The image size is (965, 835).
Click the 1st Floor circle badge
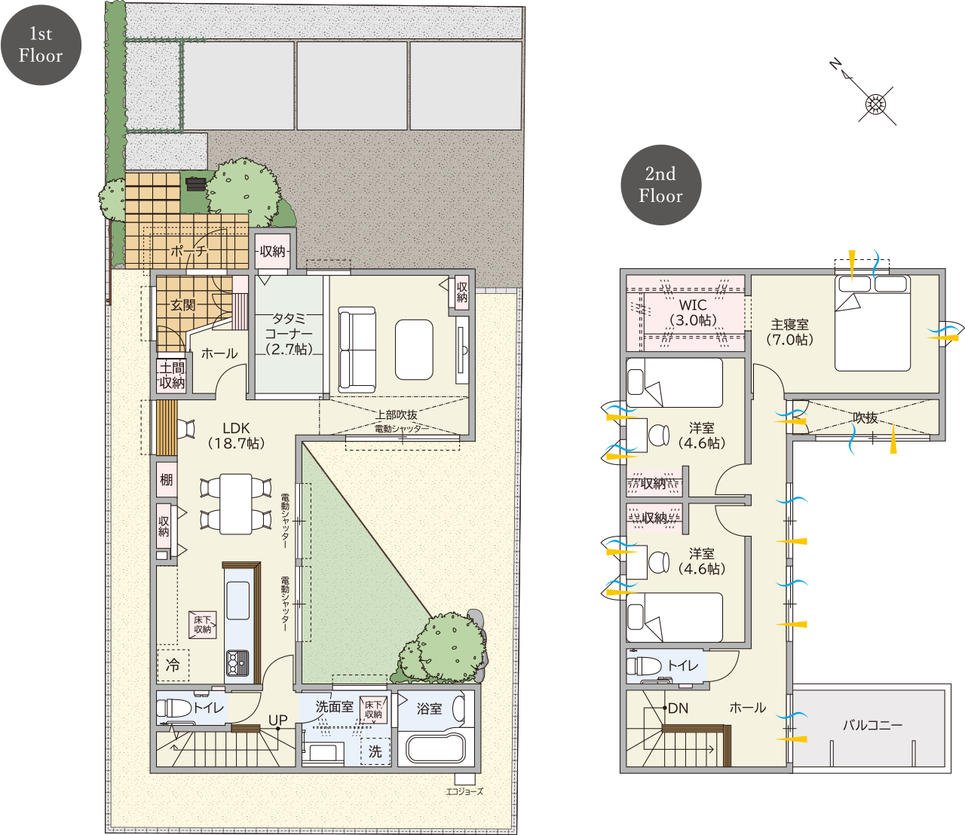41,44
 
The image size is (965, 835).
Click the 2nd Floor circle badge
660,185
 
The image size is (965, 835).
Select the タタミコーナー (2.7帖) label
289,334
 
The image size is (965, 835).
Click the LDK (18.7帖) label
236,436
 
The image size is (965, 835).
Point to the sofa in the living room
357,350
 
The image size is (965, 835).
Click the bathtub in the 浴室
436,748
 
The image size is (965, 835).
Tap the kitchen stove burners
238,662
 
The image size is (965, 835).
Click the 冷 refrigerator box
173,665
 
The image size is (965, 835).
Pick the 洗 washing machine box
375,751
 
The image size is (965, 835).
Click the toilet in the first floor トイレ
173,708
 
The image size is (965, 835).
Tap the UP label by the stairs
277,720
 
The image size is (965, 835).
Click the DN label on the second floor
678,708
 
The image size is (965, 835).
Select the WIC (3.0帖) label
693,312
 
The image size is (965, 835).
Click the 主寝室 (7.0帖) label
789,332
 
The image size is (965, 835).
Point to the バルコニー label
872,725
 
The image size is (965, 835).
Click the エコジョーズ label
464,791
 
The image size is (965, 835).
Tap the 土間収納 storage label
172,375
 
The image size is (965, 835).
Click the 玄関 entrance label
183,304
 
